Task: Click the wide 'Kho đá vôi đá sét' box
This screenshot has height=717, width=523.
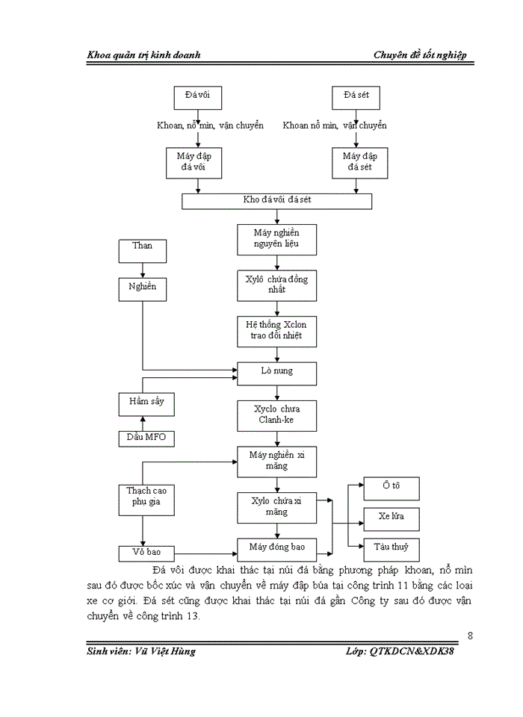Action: click(x=277, y=201)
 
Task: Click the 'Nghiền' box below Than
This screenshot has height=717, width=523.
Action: click(x=142, y=289)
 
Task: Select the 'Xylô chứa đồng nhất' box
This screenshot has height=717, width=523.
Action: click(x=277, y=284)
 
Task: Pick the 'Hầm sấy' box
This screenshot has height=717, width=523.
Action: click(x=146, y=404)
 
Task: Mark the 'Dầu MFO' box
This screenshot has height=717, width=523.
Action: click(x=146, y=438)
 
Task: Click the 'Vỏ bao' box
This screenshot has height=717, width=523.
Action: click(x=146, y=553)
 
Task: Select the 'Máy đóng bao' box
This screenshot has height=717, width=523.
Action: click(x=277, y=548)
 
